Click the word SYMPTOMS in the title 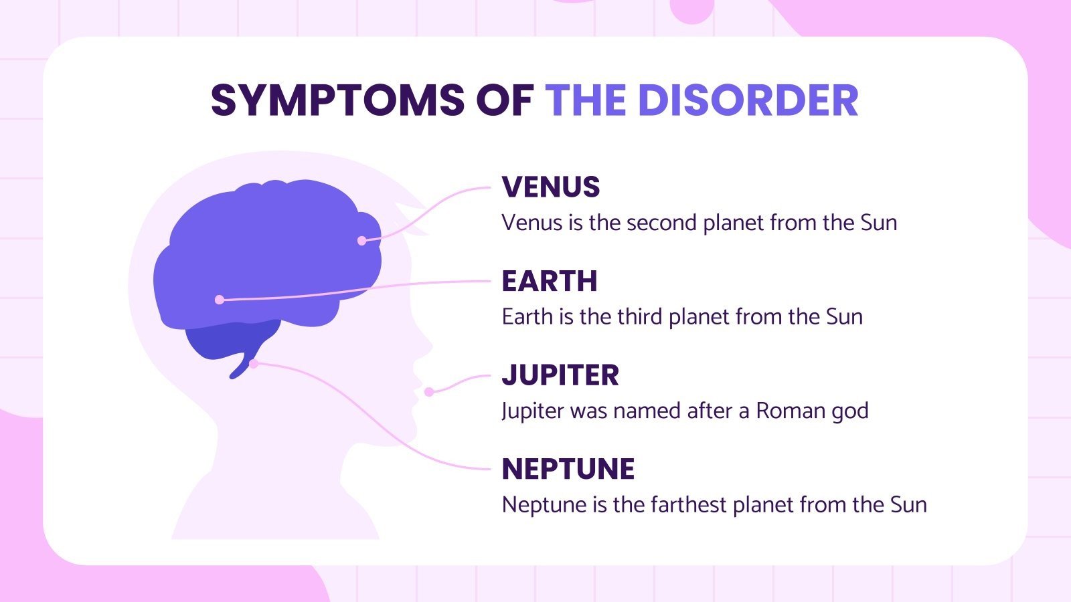tap(337, 101)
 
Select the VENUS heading tap(550, 187)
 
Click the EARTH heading tap(549, 282)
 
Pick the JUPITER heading tap(560, 375)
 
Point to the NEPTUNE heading tap(568, 470)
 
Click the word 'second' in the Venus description tap(643, 223)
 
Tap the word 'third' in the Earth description tap(640, 316)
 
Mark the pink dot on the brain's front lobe tap(362, 241)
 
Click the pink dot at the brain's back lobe tap(220, 300)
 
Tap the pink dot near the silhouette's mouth tap(429, 392)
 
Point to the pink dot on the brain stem tap(254, 364)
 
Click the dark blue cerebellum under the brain tap(221, 341)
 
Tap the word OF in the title tap(504, 101)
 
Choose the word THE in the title tap(585, 101)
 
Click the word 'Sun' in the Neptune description tap(908, 504)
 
